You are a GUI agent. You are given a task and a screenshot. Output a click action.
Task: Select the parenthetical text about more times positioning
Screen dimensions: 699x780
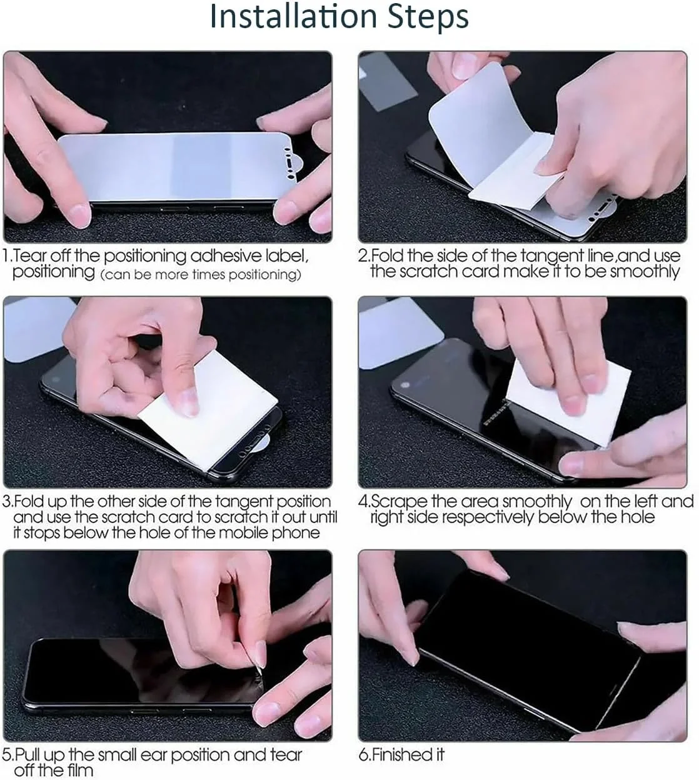[x=200, y=274]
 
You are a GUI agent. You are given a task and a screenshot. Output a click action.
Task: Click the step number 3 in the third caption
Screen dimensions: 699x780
[x=7, y=502]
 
